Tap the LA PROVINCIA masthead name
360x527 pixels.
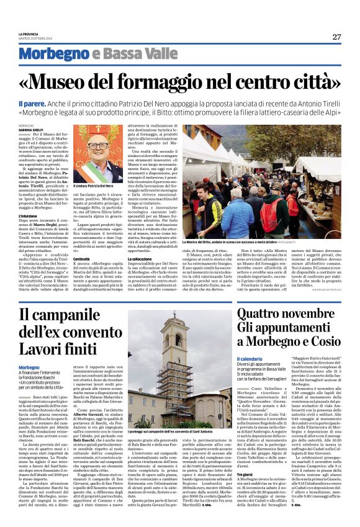click(x=29, y=34)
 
